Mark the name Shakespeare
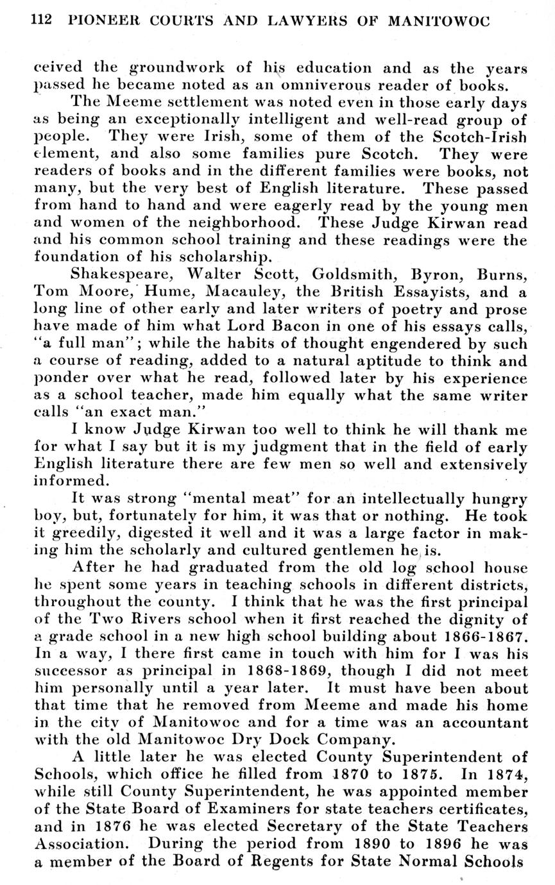pyautogui.click(x=117, y=275)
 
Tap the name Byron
pyautogui.click(x=441, y=275)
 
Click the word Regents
pyautogui.click(x=307, y=861)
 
